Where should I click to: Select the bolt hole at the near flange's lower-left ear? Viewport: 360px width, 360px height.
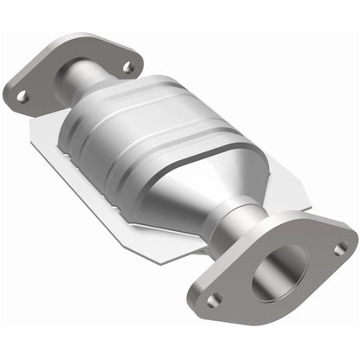215,298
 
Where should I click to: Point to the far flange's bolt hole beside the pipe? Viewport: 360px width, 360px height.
128,66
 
